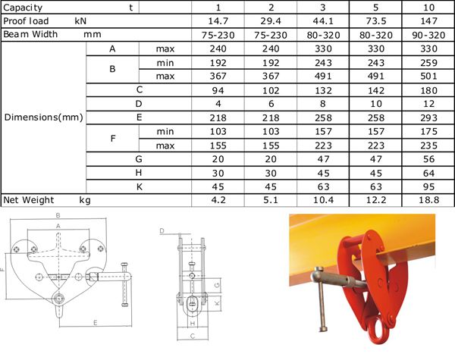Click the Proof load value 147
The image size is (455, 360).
(x=428, y=21)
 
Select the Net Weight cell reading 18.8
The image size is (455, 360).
(x=428, y=200)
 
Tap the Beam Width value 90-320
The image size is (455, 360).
(x=428, y=35)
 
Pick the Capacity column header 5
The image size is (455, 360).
(x=376, y=8)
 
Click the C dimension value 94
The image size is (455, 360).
(x=218, y=90)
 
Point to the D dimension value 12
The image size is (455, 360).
(x=428, y=104)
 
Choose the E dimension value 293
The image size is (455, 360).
(x=428, y=117)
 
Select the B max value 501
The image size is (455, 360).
(x=428, y=77)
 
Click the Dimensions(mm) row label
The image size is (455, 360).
(x=43, y=117)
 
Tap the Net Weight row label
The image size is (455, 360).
(x=29, y=200)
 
